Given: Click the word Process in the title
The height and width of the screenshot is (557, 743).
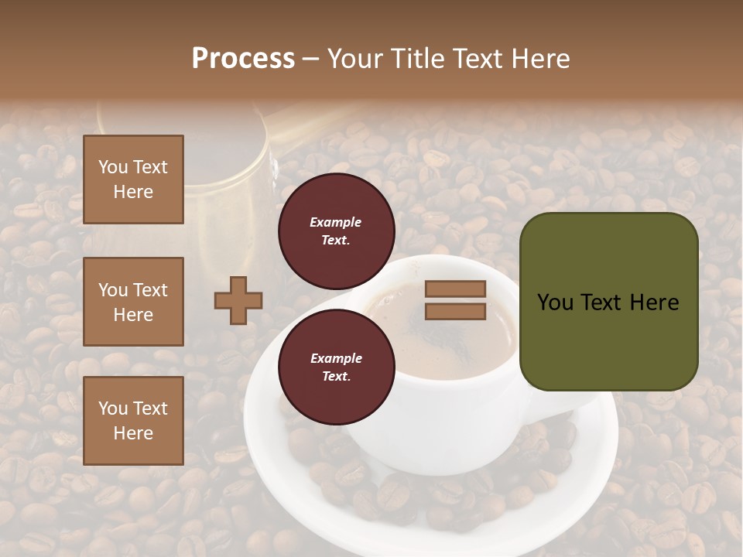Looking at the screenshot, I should pos(243,59).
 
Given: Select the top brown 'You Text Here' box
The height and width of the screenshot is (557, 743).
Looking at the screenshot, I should pos(133,179).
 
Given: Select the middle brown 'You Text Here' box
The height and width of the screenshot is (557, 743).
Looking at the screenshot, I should pos(133,302).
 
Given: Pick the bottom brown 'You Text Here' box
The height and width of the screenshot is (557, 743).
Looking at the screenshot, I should pos(133,420).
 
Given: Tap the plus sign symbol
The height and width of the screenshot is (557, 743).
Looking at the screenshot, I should pos(238,300).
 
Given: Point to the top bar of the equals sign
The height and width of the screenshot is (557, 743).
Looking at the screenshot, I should pos(455,289).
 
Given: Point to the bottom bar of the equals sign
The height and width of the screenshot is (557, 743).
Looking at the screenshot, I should pos(455,311).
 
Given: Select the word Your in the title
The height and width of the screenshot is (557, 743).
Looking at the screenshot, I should pos(354,59).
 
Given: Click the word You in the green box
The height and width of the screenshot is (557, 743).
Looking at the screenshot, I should pos(555,302).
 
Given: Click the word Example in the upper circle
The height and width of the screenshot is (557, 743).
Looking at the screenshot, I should pos(335,222).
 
